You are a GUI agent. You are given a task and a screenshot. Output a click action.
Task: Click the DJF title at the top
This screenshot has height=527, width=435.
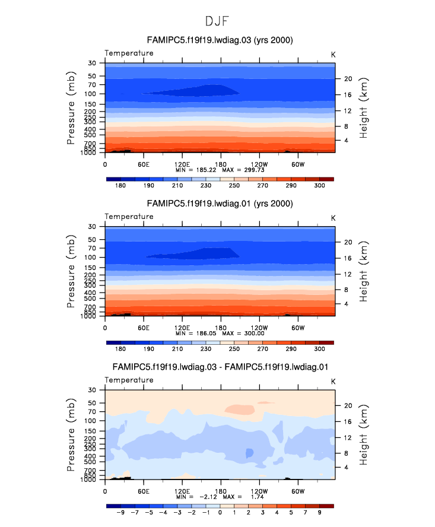(217, 21)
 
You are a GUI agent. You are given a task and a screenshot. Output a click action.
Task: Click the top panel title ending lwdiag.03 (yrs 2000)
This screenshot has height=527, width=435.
(220, 40)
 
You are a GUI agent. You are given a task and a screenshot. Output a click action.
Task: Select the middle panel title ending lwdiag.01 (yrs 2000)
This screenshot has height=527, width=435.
(220, 204)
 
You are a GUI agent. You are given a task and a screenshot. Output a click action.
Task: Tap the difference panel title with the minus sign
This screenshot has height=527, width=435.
(220, 367)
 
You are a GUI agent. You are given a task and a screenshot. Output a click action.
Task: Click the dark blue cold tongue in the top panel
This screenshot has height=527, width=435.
(196, 91)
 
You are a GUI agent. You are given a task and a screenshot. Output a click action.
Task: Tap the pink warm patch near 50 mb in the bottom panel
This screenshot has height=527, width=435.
(240, 409)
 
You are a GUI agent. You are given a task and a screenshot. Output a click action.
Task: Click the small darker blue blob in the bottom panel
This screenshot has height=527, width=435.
(250, 453)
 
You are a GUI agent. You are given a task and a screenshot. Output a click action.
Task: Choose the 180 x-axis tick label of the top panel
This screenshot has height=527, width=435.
(221, 164)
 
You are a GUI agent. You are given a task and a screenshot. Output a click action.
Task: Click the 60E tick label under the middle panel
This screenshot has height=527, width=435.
(143, 327)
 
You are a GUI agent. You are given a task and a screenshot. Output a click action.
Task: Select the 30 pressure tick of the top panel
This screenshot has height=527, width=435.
(93, 63)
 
